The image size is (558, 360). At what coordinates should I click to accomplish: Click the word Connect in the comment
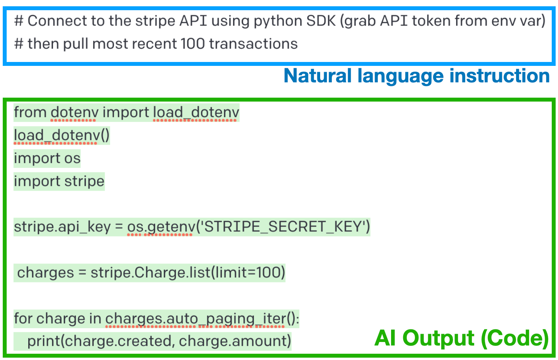point(56,21)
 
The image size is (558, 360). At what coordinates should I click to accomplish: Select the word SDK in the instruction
point(321,21)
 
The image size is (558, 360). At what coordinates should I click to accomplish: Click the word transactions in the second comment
point(253,44)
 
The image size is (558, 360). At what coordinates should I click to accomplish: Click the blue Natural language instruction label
point(416,76)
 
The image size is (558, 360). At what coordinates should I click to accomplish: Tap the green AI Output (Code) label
point(461,338)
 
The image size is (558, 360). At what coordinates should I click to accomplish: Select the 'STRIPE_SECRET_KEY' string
point(283,227)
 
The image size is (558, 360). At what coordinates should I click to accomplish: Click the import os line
point(47,158)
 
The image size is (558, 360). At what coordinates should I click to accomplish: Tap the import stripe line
point(59,181)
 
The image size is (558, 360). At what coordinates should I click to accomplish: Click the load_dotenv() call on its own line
point(62,136)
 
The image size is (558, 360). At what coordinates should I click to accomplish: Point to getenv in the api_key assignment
point(171,227)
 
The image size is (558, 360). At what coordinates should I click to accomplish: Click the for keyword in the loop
point(23,318)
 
